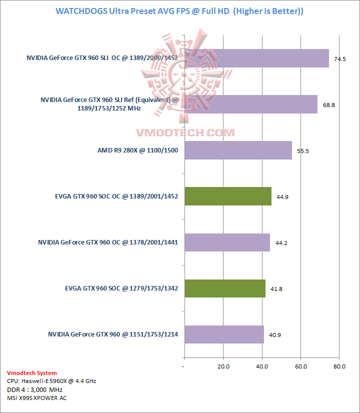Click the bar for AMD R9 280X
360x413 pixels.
pos(238,150)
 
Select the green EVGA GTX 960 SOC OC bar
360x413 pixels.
pos(228,196)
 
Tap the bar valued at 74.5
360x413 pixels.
pos(256,58)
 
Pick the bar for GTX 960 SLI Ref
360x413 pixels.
pos(251,104)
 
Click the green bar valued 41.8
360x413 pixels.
pos(225,288)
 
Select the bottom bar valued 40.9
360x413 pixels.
pos(224,334)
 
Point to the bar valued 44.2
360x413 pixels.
pos(227,242)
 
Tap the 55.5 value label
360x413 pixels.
pos(303,150)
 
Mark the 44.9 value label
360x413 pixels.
pos(282,196)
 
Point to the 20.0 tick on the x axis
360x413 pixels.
pos(223,367)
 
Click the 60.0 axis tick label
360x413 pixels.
pos(300,367)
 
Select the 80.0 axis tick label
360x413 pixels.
pos(339,367)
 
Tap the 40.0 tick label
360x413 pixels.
pos(262,367)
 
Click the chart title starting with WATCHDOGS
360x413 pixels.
pos(179,10)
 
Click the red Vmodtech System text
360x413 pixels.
pos(32,373)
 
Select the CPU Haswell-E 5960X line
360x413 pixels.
pos(51,381)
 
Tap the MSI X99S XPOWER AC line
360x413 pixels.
pos(37,398)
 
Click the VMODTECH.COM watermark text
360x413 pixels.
pos(185,132)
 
